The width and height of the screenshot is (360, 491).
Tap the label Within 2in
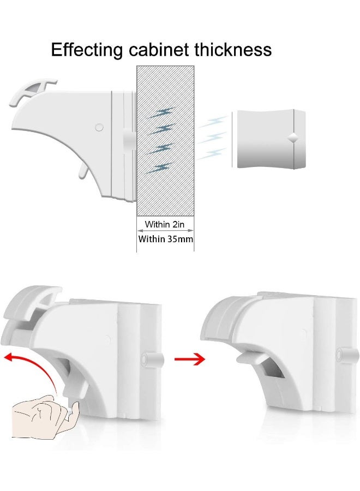(165, 224)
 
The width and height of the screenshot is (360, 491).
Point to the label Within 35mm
(165, 239)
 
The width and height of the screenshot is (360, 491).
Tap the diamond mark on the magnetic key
(293, 138)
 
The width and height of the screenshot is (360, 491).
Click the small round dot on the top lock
(99, 127)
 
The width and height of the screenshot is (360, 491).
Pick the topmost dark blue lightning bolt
(161, 113)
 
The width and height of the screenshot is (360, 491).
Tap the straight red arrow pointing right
(189, 358)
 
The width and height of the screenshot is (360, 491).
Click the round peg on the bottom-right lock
(343, 355)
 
